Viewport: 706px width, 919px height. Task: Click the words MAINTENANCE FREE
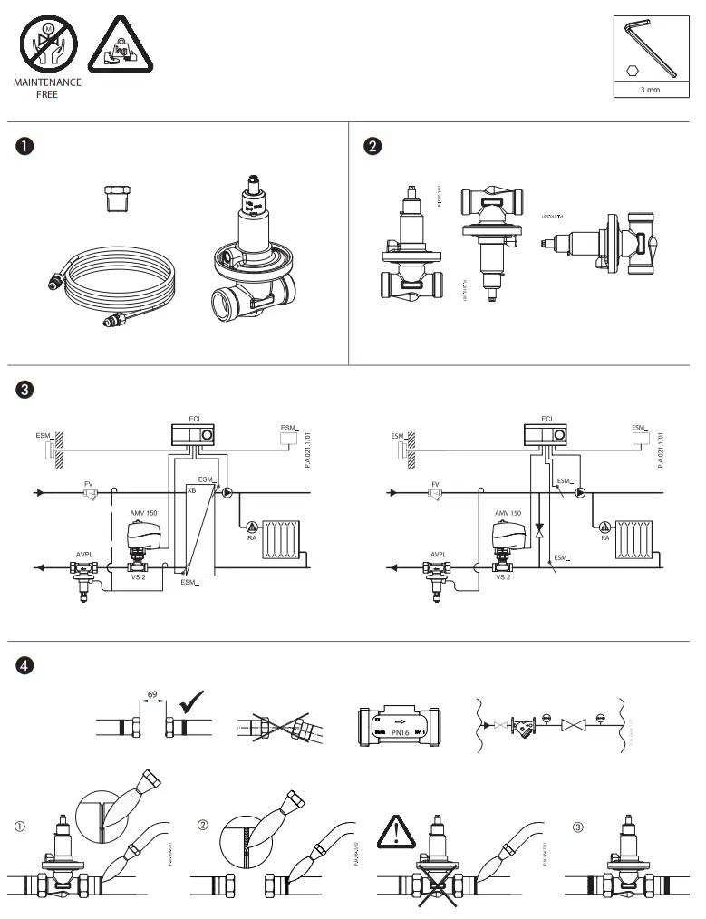pyautogui.click(x=47, y=88)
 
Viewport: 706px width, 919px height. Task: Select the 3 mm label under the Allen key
pyautogui.click(x=649, y=91)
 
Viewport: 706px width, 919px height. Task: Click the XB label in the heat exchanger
pyautogui.click(x=191, y=489)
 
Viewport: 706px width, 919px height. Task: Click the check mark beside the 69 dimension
pyautogui.click(x=193, y=702)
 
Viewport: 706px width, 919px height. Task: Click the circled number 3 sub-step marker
pyautogui.click(x=579, y=826)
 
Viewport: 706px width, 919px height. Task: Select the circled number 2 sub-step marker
pyautogui.click(x=203, y=826)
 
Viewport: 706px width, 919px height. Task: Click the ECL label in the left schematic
pyautogui.click(x=194, y=419)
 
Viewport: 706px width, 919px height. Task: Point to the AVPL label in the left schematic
pyautogui.click(x=84, y=554)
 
